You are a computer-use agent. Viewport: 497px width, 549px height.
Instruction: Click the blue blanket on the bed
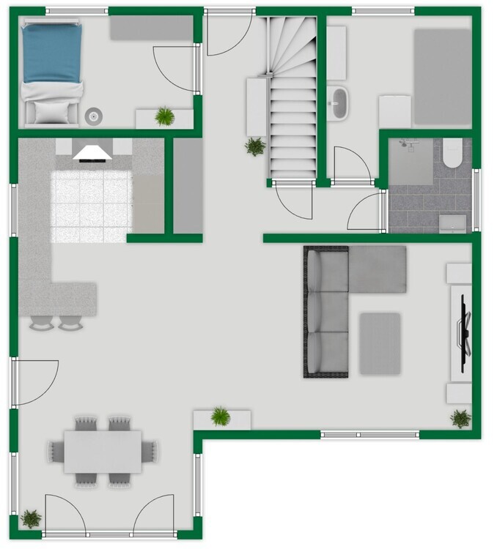[x=51, y=53]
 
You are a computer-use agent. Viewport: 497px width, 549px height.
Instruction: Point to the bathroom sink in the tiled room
[x=453, y=223]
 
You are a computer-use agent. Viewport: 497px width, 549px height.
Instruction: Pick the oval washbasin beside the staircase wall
[x=339, y=102]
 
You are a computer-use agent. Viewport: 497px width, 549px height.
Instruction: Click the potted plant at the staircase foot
[x=255, y=146]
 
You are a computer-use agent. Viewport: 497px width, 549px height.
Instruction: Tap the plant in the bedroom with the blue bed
[x=165, y=116]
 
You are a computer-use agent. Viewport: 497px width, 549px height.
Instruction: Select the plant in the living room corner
[x=460, y=419]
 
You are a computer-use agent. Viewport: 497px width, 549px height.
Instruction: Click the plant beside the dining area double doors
[x=31, y=519]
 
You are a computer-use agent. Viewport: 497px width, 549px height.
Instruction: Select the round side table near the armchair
[x=93, y=115]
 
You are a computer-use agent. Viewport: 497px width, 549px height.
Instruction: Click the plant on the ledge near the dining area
[x=221, y=417]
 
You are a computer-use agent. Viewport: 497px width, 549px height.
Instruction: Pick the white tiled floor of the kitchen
[x=92, y=206]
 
